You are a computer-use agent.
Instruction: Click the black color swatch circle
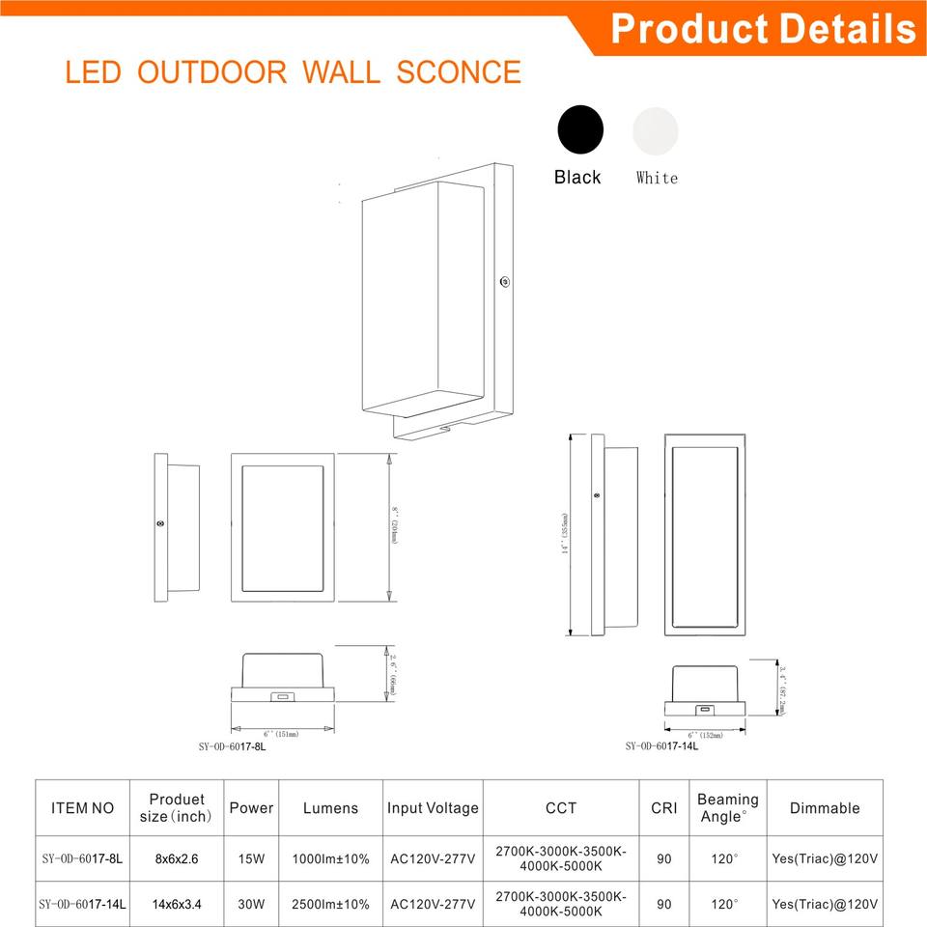(x=580, y=129)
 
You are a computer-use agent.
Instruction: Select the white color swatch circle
(x=656, y=129)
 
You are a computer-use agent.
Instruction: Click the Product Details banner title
(x=762, y=28)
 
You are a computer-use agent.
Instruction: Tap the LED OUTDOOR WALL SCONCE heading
(x=293, y=72)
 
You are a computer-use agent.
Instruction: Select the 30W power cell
(x=251, y=905)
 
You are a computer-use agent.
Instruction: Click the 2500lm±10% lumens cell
(x=330, y=905)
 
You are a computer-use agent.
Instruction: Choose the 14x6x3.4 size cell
(x=178, y=905)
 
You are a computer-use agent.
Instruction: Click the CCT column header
(x=560, y=808)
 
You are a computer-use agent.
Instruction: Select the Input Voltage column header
(x=433, y=808)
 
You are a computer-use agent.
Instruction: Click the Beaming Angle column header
(x=727, y=807)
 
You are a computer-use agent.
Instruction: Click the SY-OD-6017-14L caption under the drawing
(x=661, y=745)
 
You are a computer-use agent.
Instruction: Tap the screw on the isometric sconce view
(x=504, y=282)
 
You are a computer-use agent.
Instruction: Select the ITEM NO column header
(x=82, y=808)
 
